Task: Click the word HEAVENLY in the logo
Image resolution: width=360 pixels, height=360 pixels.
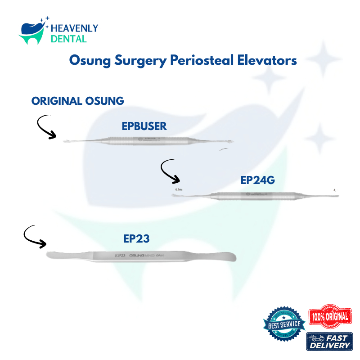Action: pyautogui.click(x=75, y=29)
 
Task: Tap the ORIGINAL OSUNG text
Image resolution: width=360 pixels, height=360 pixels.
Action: pyautogui.click(x=78, y=101)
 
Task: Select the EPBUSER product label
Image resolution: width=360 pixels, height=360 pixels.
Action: pyautogui.click(x=144, y=126)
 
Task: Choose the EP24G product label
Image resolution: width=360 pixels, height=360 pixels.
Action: pyautogui.click(x=257, y=180)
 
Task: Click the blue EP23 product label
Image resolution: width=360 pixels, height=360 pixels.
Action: pyautogui.click(x=136, y=239)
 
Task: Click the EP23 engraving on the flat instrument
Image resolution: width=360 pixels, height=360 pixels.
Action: pyautogui.click(x=120, y=255)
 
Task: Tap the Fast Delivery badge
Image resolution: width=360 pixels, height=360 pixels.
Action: pyautogui.click(x=330, y=342)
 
